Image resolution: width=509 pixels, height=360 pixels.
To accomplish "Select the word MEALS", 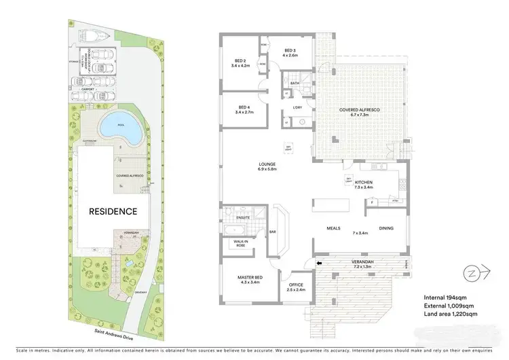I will tap(333, 229).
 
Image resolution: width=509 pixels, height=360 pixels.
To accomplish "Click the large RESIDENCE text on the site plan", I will tap(112, 211).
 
